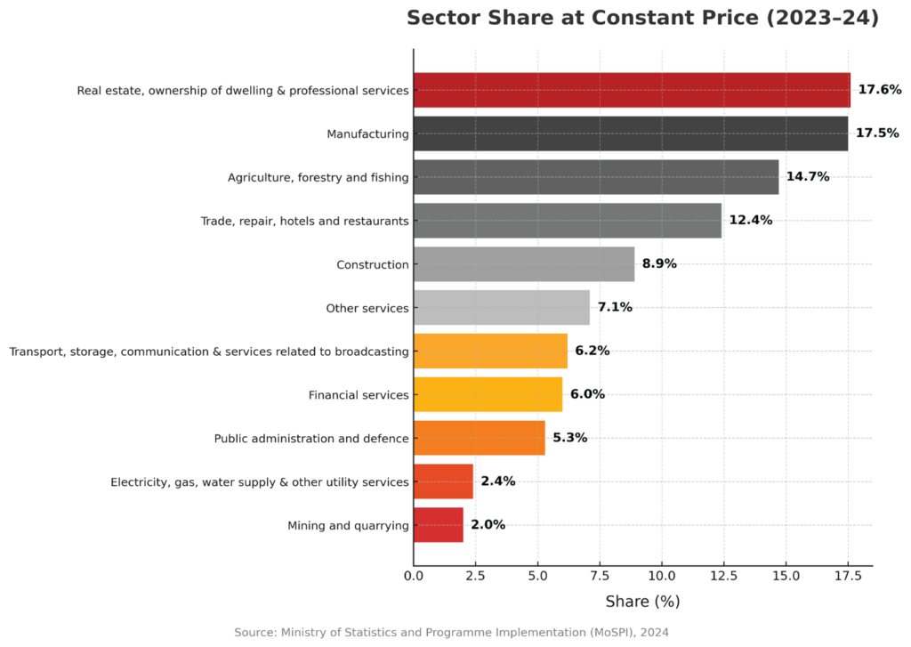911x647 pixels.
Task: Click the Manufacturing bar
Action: tap(630, 133)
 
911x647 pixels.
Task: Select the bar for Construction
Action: tap(523, 264)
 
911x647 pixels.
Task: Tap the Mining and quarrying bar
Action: tap(438, 525)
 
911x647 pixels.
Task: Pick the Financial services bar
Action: tap(488, 394)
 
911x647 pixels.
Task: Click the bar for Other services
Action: tap(501, 308)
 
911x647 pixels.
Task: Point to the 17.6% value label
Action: tap(880, 90)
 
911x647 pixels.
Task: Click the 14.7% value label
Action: tap(807, 177)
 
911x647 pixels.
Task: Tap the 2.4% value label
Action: tap(497, 481)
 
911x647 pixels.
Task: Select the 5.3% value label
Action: tap(569, 438)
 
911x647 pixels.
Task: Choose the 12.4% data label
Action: tap(750, 221)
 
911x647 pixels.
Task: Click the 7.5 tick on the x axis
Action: tap(599, 577)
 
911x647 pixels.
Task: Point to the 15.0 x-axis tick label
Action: tap(786, 577)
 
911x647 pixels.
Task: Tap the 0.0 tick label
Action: tap(414, 577)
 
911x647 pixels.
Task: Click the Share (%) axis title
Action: tap(642, 602)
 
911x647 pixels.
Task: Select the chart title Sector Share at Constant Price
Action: tap(642, 19)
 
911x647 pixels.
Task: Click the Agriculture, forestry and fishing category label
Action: tap(318, 177)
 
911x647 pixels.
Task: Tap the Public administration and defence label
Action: tap(311, 438)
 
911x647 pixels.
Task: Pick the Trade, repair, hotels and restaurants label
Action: tap(304, 221)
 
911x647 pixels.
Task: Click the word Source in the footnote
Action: tap(255, 632)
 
